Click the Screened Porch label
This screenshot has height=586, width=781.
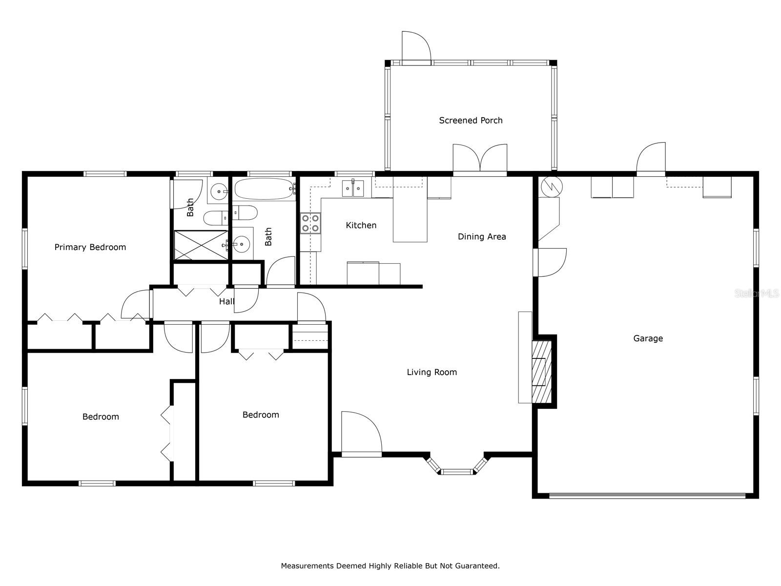pyautogui.click(x=471, y=120)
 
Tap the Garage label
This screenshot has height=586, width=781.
pyautogui.click(x=648, y=338)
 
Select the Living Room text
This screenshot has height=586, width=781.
pyautogui.click(x=432, y=372)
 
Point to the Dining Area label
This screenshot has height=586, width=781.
pyautogui.click(x=482, y=237)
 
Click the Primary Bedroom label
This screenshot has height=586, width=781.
pyautogui.click(x=90, y=247)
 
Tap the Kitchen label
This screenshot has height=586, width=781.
pyautogui.click(x=361, y=225)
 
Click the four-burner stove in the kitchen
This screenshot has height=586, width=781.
pyautogui.click(x=310, y=223)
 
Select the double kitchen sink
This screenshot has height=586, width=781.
pyautogui.click(x=353, y=188)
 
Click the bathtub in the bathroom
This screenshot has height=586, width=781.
pyautogui.click(x=265, y=189)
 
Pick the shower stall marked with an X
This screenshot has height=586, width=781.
pyautogui.click(x=201, y=245)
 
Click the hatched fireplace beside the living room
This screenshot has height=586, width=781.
pyautogui.click(x=541, y=372)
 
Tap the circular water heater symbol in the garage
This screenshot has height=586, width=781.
pyautogui.click(x=552, y=186)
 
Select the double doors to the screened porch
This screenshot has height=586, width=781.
pyautogui.click(x=480, y=159)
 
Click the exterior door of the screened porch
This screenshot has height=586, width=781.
pyautogui.click(x=416, y=48)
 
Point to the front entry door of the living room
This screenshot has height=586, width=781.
pyautogui.click(x=361, y=434)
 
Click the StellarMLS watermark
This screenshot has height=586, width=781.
pyautogui.click(x=757, y=293)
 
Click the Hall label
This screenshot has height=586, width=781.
pyautogui.click(x=226, y=302)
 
